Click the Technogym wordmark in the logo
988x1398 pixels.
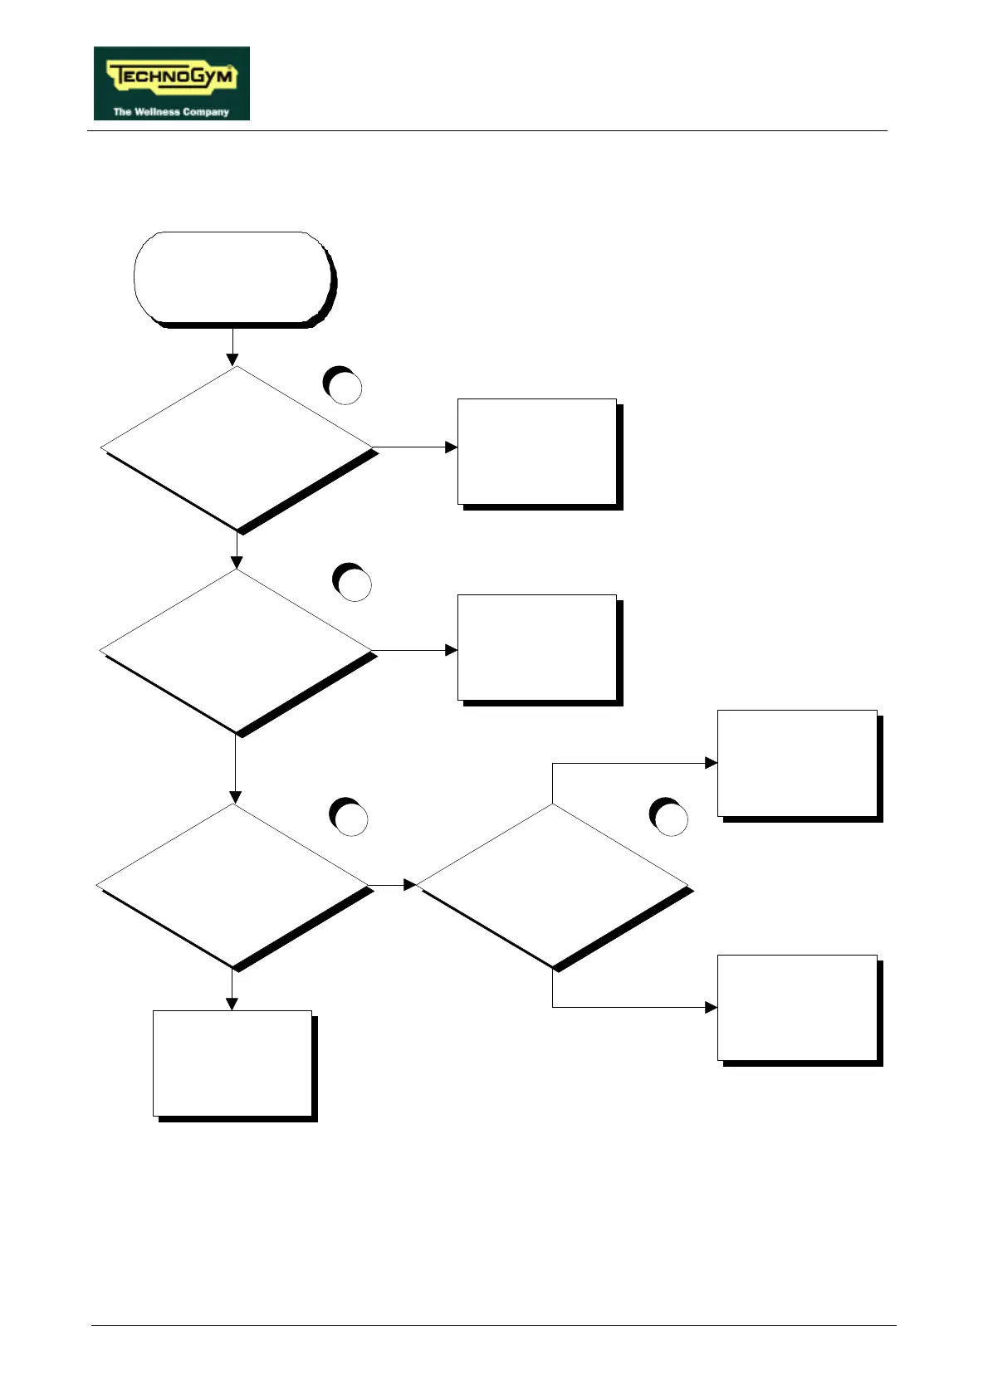click(x=172, y=77)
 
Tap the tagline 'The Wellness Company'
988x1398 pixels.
click(x=171, y=111)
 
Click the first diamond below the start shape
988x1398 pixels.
click(x=237, y=447)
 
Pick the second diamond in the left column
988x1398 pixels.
click(x=236, y=650)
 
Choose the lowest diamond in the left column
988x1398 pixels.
click(x=233, y=885)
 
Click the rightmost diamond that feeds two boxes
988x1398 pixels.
click(x=552, y=885)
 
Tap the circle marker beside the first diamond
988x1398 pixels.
click(x=344, y=386)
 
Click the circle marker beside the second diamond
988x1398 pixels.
click(x=353, y=583)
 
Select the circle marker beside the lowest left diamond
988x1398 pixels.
click(x=350, y=818)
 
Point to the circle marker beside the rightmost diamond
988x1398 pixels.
click(x=669, y=818)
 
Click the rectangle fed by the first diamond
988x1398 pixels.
click(x=537, y=452)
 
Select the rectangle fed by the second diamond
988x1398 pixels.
click(x=537, y=648)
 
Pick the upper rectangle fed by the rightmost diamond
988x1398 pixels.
click(x=797, y=763)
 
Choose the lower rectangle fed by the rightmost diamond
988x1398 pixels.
click(x=797, y=1008)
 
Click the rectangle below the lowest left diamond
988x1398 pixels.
click(x=232, y=1063)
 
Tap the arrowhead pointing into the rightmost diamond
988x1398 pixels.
click(x=409, y=885)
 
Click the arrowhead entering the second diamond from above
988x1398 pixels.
click(x=237, y=563)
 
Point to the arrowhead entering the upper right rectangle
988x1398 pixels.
click(x=711, y=763)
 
